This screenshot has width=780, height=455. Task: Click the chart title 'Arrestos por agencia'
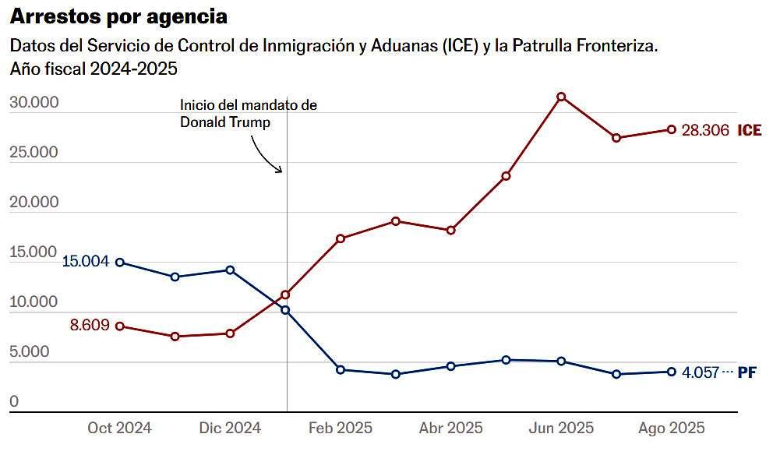(x=119, y=16)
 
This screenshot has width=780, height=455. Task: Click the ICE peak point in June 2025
(x=561, y=97)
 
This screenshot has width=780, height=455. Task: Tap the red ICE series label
(x=750, y=131)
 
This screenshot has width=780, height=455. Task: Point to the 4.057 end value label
(x=701, y=372)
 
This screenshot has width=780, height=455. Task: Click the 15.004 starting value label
(x=86, y=262)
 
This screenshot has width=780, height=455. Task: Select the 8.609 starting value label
(x=90, y=326)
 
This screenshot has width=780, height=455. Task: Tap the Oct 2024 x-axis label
(x=119, y=429)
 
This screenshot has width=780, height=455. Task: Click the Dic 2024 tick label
(x=230, y=429)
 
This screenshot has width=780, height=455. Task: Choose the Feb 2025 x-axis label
(x=341, y=429)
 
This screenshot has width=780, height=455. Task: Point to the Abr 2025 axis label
(x=450, y=429)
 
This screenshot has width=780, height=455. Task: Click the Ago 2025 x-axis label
(x=672, y=429)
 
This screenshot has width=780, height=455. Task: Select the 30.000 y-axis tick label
(x=34, y=103)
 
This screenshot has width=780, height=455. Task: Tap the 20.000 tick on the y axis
(x=34, y=203)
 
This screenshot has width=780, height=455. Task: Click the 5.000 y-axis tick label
(x=29, y=352)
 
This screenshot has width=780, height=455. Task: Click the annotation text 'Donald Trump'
(x=225, y=122)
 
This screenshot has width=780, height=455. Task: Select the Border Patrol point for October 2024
(x=119, y=262)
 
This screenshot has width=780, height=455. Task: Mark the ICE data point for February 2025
(x=341, y=238)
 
